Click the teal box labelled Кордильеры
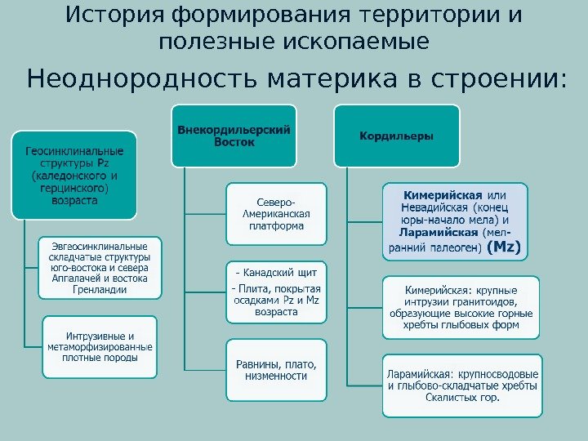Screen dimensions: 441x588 point(397,136)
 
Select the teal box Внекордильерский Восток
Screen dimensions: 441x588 point(234,136)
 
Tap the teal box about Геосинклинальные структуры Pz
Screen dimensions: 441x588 point(74,175)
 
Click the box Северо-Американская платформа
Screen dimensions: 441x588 point(275,214)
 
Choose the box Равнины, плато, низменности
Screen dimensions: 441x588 point(275,370)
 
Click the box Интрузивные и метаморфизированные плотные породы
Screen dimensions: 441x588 point(101,347)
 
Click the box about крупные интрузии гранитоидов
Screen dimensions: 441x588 point(462,307)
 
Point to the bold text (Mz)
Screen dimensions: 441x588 point(503,246)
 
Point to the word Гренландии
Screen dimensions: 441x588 point(100,289)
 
